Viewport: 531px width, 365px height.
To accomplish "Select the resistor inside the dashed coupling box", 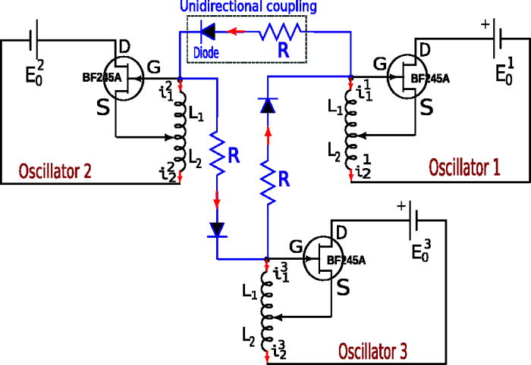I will (281, 33).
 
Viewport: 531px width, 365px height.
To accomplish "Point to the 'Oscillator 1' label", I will (464, 167).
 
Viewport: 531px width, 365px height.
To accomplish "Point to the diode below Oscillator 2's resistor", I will (218, 228).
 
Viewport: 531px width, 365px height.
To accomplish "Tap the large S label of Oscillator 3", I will (344, 289).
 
